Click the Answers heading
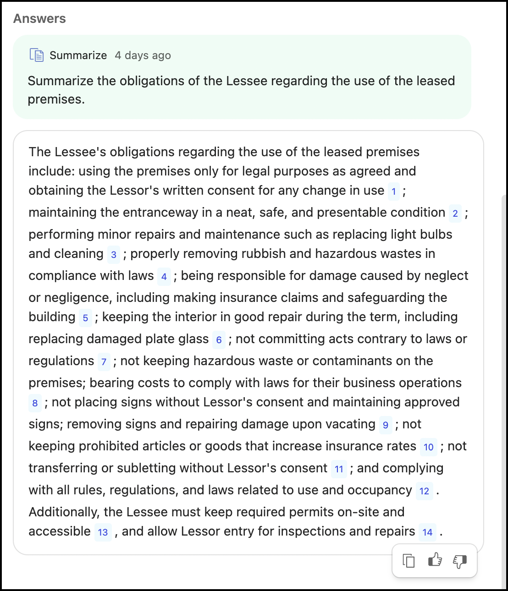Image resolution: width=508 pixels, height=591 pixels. coord(39,19)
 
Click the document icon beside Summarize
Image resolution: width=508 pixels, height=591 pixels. coord(37,55)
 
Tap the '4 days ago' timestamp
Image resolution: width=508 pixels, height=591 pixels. coord(143,55)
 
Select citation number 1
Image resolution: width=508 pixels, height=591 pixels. coord(394,192)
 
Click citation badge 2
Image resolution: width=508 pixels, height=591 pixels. coord(455,213)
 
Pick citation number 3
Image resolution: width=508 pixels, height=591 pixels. coord(114,255)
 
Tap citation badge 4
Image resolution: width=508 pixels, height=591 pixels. coord(164,277)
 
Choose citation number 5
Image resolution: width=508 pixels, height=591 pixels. coord(85,318)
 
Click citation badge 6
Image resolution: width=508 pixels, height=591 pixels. coord(219,340)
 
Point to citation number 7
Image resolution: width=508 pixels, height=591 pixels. coord(104,362)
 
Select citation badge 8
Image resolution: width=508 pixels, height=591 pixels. coord(35,403)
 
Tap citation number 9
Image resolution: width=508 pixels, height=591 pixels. coord(386,425)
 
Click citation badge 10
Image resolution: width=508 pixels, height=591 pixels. coord(429,447)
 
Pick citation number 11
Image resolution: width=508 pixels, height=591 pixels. coord(339,469)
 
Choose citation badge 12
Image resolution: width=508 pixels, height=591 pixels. coord(425,491)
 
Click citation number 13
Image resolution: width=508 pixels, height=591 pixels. coord(103,532)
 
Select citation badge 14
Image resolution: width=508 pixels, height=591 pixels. coord(427,532)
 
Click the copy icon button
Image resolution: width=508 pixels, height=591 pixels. coord(409,561)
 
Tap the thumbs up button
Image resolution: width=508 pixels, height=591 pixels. coord(435,560)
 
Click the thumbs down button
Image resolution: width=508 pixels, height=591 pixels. coord(460,561)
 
